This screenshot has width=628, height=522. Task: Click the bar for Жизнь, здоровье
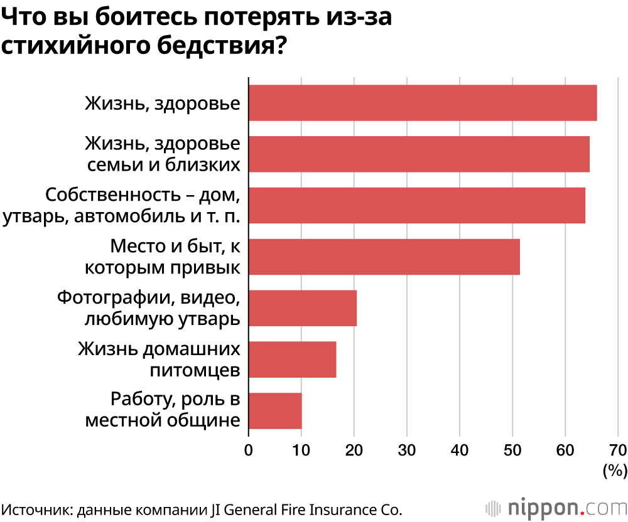pos(423,103)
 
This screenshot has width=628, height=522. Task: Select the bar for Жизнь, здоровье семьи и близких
pos(419,154)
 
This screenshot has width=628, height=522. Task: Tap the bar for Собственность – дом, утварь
pos(417,205)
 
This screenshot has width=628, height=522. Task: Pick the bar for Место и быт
pos(384,257)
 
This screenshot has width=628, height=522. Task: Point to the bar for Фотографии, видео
pos(303,308)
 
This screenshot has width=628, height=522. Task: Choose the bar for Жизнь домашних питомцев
pos(293,360)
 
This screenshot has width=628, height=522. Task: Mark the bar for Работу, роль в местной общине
pos(275,411)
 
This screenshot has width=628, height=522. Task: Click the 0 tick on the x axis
pos(249,450)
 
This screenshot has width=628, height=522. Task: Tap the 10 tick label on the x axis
pos(301,450)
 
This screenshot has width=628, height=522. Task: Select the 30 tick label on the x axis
pos(407,450)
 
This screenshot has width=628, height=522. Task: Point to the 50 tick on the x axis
pos(512,450)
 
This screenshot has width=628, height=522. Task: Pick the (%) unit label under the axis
pos(615,470)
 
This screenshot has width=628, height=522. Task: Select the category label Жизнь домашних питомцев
pos(159,360)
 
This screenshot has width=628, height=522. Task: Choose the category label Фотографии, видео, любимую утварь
pos(148,308)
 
